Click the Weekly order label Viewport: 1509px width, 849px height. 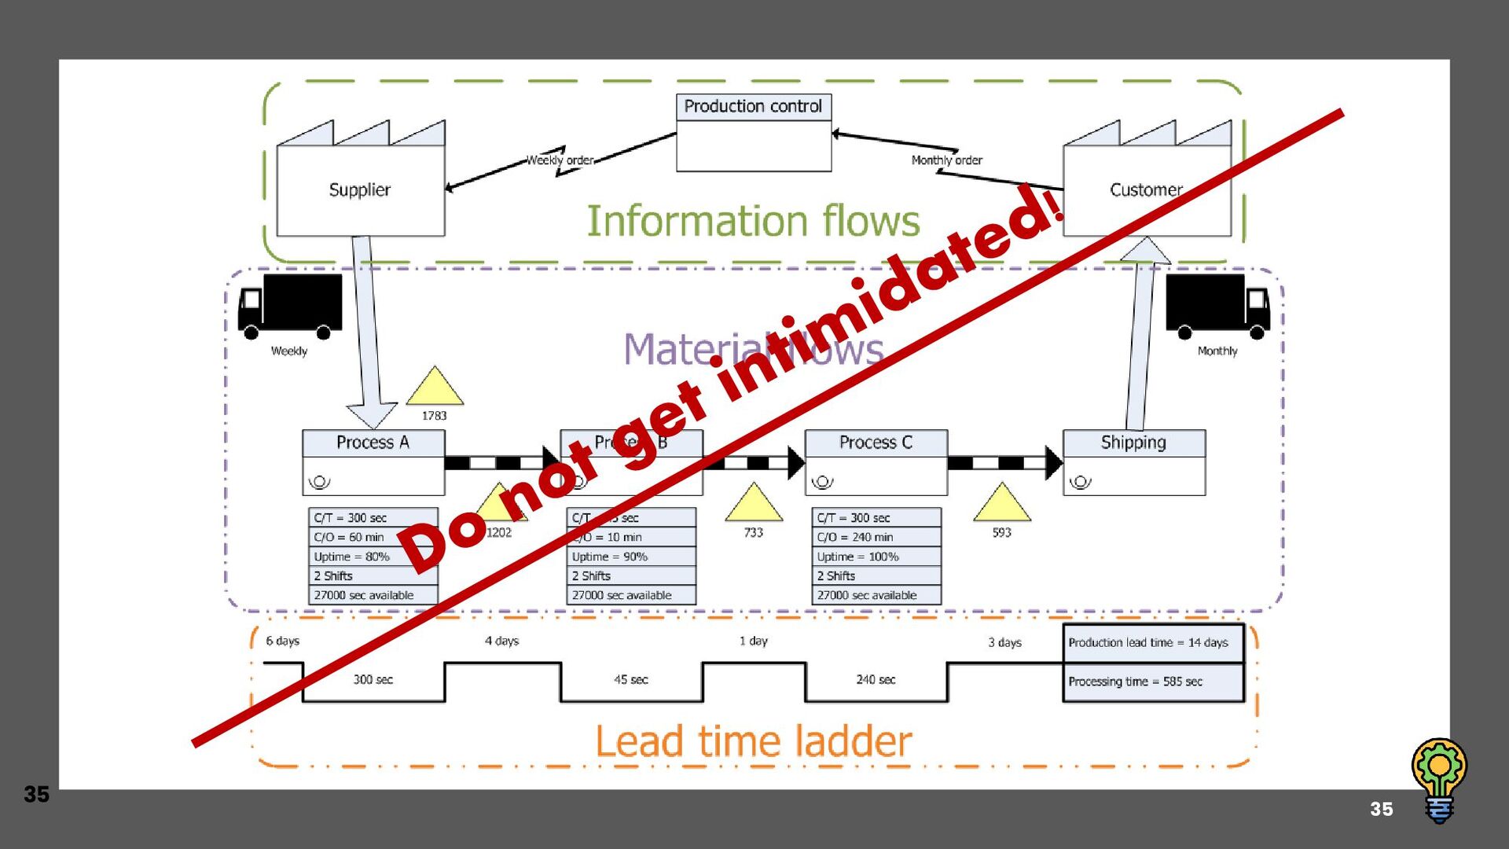[x=560, y=160]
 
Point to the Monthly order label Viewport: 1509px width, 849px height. [x=946, y=160]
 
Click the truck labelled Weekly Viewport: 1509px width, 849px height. [x=290, y=306]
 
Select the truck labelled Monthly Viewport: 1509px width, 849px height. [x=1217, y=306]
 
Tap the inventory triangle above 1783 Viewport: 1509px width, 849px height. [x=435, y=388]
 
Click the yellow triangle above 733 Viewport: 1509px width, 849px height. [x=753, y=504]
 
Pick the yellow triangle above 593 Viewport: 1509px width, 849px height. [x=1001, y=504]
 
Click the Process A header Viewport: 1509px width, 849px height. [x=373, y=443]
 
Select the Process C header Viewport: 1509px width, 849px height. [x=876, y=443]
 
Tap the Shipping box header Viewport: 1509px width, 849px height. [x=1133, y=443]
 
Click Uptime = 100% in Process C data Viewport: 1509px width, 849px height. [x=876, y=557]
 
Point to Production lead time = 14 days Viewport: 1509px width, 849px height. [x=1152, y=643]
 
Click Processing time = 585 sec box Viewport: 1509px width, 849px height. [x=1152, y=682]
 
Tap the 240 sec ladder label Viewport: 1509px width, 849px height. [x=876, y=680]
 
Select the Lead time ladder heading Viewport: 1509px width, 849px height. [x=753, y=741]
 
